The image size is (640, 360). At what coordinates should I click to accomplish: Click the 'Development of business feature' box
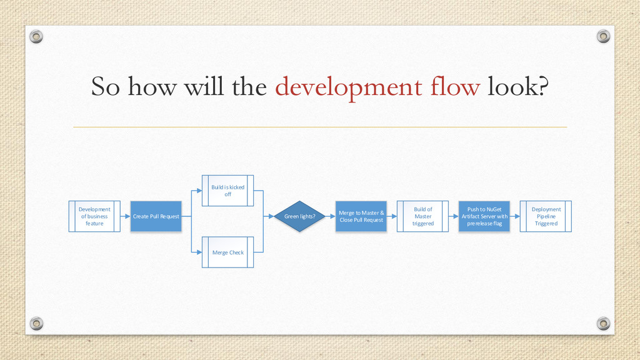coord(94,216)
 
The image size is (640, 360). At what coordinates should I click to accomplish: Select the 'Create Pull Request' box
coord(156,216)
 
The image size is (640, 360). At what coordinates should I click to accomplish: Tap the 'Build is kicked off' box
coord(227,191)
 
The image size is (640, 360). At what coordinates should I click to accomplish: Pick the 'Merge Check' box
coord(227,252)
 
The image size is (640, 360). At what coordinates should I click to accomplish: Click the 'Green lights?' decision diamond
coord(300,216)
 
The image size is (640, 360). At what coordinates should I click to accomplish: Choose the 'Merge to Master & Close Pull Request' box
coord(361,216)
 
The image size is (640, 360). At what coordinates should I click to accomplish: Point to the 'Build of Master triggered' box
coord(422,216)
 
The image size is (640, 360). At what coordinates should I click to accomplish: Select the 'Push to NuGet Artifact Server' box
coord(484,216)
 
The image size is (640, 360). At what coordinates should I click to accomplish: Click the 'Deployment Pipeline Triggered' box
coord(546,216)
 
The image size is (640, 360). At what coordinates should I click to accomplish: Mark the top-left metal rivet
coord(37,37)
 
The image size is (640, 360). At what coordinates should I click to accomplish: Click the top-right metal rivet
coord(603,36)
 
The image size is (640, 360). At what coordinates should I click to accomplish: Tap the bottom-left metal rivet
coord(37,323)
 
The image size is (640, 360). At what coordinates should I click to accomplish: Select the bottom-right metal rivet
coord(603,323)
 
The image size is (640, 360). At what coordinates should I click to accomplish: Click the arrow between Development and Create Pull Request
coord(125,216)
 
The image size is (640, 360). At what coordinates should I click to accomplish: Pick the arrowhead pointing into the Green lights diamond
coord(271,216)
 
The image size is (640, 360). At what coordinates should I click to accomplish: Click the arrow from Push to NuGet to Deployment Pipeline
coord(516,216)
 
